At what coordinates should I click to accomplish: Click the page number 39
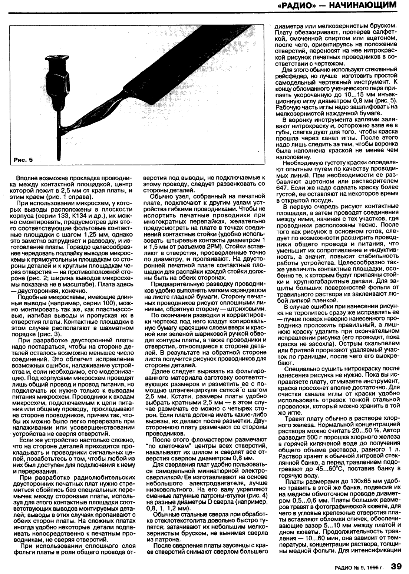396,565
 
